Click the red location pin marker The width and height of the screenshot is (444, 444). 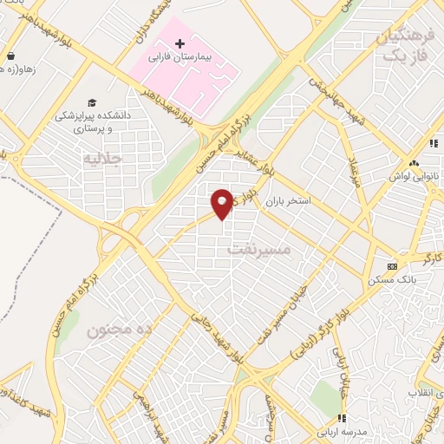click(x=223, y=203)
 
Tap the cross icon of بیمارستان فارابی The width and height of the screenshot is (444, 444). click(x=180, y=42)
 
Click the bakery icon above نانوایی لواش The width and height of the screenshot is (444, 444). click(x=415, y=162)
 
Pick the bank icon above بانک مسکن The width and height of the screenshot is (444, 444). click(x=393, y=266)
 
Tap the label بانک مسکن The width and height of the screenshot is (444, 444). click(x=393, y=279)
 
